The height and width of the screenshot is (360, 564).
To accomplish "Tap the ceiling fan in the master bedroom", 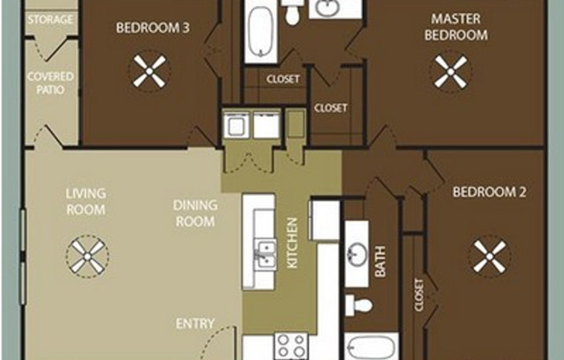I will click(x=451, y=72).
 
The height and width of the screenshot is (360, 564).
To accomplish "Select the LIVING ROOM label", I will click(x=86, y=202).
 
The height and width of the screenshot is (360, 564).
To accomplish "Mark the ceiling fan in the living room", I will click(x=87, y=256).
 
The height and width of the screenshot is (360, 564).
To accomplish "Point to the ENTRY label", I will click(x=195, y=324).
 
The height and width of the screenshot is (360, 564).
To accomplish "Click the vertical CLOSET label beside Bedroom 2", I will click(x=420, y=295).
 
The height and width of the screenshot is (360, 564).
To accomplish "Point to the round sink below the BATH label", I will click(x=356, y=254).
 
